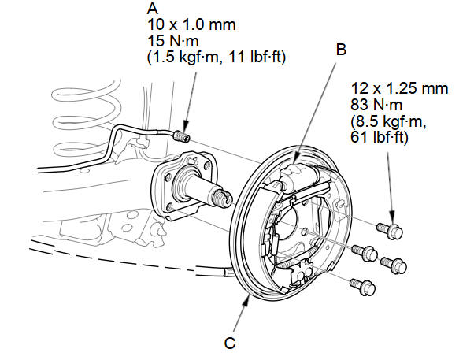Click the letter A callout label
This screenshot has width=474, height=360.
[x=151, y=9]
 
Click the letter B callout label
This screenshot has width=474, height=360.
[x=341, y=49]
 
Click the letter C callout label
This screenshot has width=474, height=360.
[x=230, y=343]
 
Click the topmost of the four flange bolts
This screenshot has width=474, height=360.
[x=391, y=229]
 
